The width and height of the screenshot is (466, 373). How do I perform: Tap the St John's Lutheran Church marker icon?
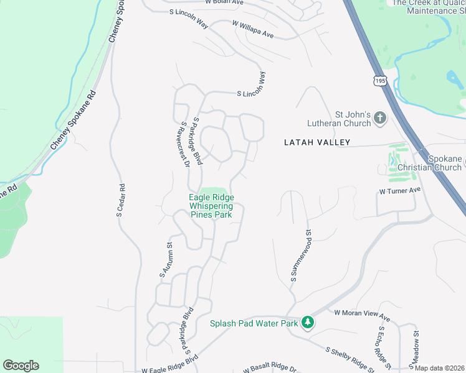pyautogui.click(x=381, y=117)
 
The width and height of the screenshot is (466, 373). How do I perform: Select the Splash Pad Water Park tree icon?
pyautogui.click(x=307, y=323)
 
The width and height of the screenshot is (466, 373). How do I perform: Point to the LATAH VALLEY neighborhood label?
pyautogui.click(x=317, y=142)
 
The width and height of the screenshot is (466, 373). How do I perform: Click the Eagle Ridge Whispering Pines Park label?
pyautogui.click(x=211, y=206)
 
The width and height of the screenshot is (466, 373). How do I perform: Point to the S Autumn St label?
pyautogui.click(x=165, y=260)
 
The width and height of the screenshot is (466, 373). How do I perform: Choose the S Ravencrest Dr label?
pyautogui.click(x=182, y=145)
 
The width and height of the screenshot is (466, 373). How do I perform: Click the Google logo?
pyautogui.click(x=21, y=366)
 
